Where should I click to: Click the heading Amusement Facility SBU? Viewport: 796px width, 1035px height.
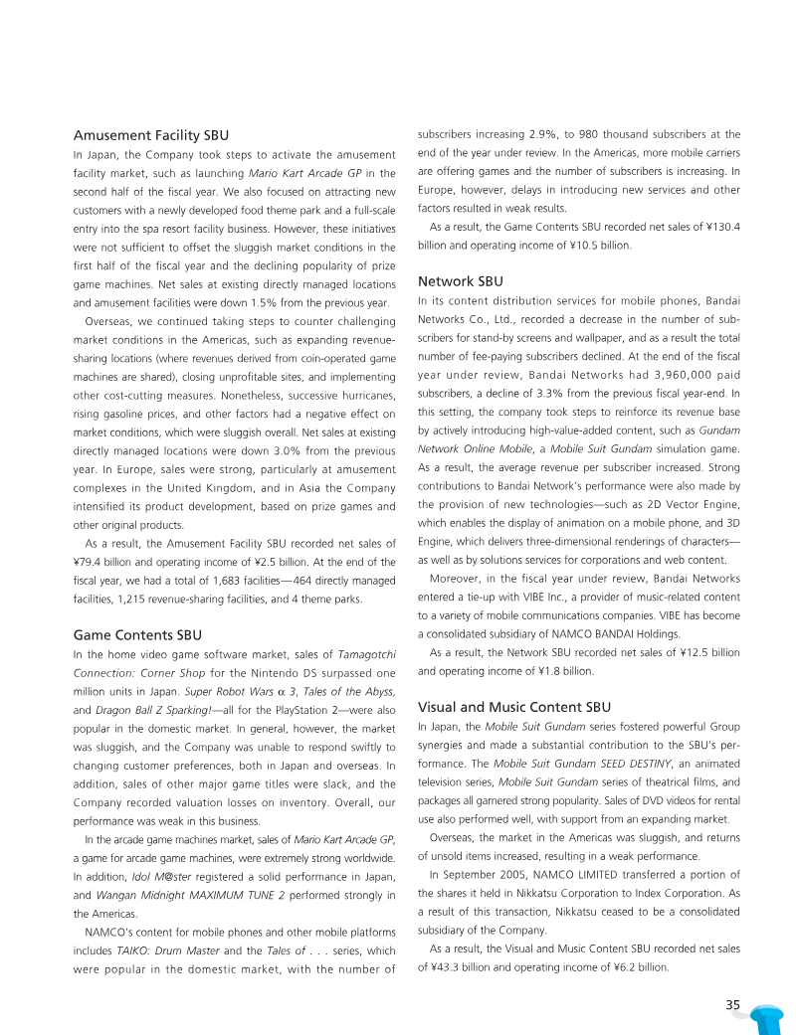pos(151,134)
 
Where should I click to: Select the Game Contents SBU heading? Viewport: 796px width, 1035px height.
pos(137,633)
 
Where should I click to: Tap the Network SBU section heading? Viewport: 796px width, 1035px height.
pos(461,281)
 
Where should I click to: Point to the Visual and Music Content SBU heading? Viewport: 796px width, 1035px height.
pos(514,708)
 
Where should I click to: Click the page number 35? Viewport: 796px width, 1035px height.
pos(733,1005)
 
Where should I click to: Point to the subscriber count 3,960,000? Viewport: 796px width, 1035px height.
pos(631,376)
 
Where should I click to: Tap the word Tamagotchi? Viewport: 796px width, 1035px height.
pos(368,654)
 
